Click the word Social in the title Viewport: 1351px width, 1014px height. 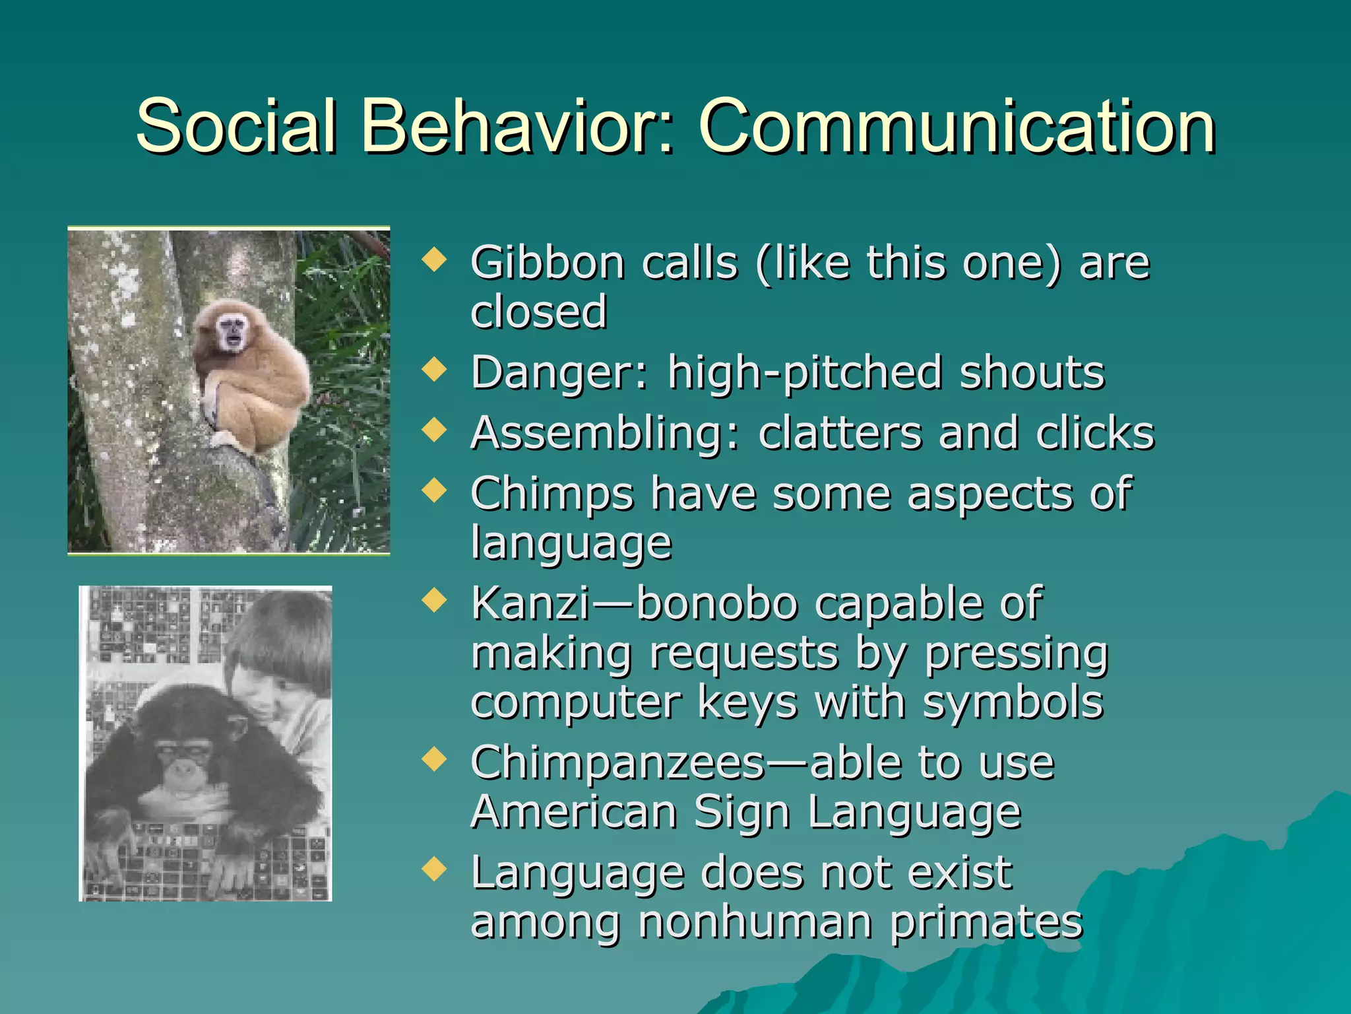[236, 125]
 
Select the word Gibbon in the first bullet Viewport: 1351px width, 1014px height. [548, 263]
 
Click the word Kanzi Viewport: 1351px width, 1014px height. [531, 603]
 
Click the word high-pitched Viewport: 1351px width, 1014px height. [805, 373]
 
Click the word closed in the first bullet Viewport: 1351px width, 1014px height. [538, 311]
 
